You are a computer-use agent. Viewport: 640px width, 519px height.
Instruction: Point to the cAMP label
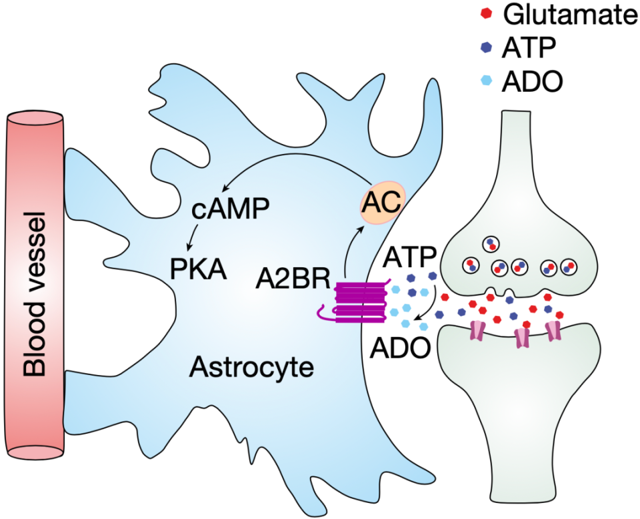230,209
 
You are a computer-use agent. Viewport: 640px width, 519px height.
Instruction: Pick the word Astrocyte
252,368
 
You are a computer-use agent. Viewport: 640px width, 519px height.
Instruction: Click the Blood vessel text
38,294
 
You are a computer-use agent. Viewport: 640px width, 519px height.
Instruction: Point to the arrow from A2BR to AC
351,247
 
